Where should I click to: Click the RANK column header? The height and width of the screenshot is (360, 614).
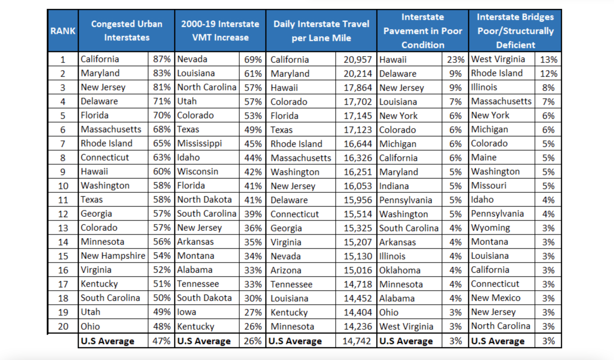click(63, 31)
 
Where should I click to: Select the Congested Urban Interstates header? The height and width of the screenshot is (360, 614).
click(127, 31)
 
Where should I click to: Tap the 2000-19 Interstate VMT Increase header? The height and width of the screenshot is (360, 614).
click(220, 31)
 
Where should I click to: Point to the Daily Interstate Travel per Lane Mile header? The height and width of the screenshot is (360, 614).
click(321, 31)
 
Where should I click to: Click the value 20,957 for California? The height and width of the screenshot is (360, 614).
click(358, 60)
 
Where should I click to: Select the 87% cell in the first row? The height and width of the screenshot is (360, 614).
click(162, 59)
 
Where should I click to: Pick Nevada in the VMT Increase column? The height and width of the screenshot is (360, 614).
click(192, 59)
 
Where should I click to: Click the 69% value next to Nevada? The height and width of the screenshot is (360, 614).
click(253, 60)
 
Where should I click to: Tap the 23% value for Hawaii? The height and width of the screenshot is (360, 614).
click(456, 60)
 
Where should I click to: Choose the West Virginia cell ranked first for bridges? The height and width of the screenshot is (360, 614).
click(498, 59)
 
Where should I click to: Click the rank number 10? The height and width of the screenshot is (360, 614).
click(63, 186)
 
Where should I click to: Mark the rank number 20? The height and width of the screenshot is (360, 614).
click(63, 326)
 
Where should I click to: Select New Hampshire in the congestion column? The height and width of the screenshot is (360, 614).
click(113, 256)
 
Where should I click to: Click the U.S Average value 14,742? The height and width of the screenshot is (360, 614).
click(357, 341)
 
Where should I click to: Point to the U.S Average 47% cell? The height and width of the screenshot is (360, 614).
click(161, 341)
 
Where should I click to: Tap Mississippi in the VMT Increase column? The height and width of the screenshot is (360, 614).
click(200, 144)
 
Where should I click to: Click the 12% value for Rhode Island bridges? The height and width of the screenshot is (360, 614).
click(549, 74)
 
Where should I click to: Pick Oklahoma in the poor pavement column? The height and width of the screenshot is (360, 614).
click(400, 270)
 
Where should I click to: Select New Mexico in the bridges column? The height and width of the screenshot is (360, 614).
click(496, 298)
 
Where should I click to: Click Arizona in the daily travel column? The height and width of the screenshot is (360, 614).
click(286, 270)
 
